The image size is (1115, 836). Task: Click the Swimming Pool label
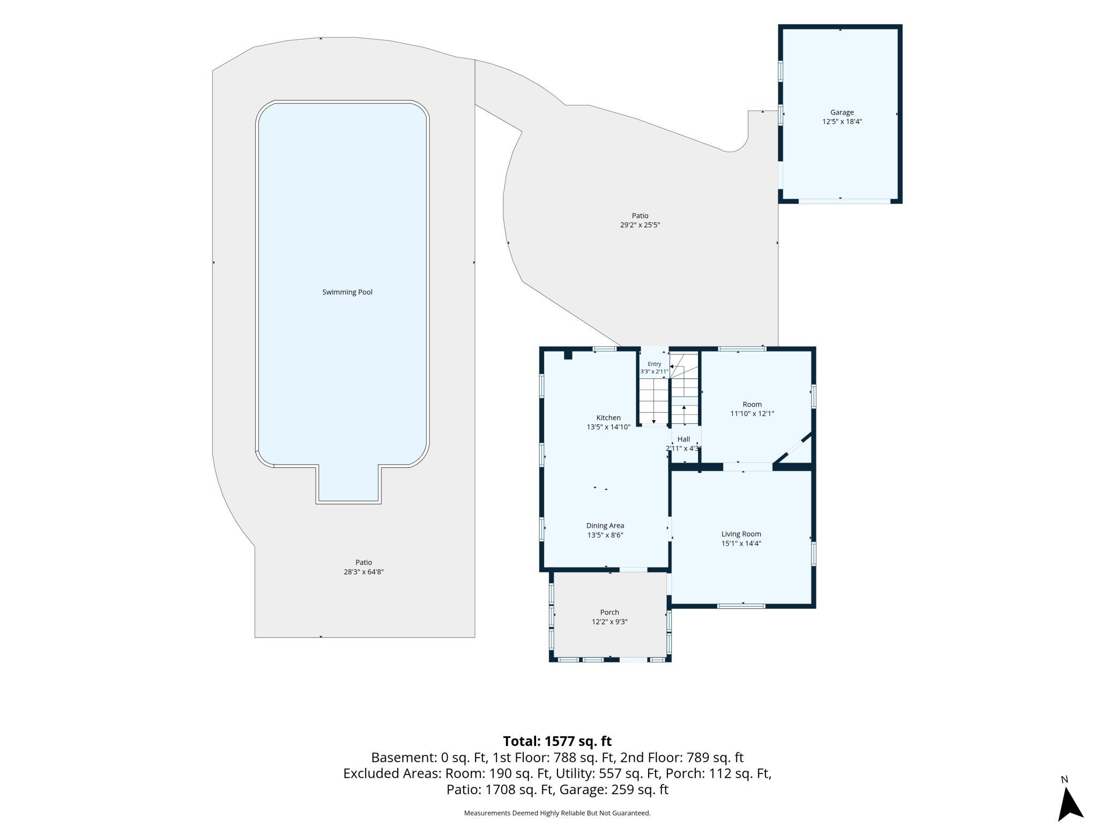click(x=347, y=292)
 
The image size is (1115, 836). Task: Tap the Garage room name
click(x=842, y=112)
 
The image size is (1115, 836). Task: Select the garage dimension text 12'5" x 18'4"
click(x=842, y=122)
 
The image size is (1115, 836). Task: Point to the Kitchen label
click(x=608, y=417)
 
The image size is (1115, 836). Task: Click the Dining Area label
click(x=605, y=526)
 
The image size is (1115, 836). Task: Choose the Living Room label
click(x=741, y=534)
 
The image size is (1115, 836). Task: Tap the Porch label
click(x=609, y=612)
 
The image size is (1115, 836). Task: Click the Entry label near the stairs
click(x=655, y=364)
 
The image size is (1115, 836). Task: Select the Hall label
click(x=684, y=439)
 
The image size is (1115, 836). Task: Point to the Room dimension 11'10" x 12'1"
click(x=752, y=414)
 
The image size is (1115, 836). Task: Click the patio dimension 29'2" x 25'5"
click(x=640, y=225)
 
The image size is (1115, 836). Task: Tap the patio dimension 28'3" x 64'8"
click(x=364, y=572)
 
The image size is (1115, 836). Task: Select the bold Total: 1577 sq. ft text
click(x=557, y=741)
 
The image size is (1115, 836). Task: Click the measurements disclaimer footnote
click(x=557, y=813)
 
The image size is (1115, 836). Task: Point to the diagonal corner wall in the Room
click(x=793, y=449)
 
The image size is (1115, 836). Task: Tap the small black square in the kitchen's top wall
click(x=568, y=355)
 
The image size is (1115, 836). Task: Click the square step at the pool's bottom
click(x=348, y=484)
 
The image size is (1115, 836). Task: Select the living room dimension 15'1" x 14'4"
click(x=741, y=543)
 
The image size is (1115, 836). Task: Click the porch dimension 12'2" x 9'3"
click(x=609, y=622)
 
